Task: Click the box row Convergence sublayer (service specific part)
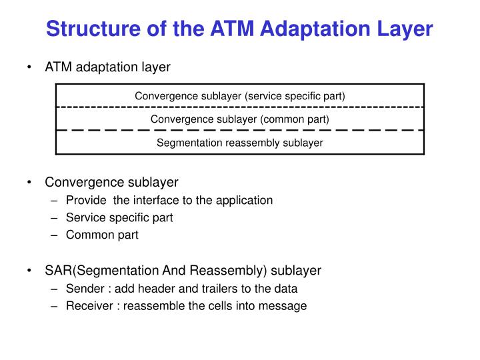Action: (x=240, y=95)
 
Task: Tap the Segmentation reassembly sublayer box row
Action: (x=240, y=142)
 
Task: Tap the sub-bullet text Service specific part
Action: (x=119, y=218)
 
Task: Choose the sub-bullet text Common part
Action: (x=102, y=235)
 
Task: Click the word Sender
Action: (x=84, y=289)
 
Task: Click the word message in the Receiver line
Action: (x=285, y=306)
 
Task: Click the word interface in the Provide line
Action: (x=176, y=200)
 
